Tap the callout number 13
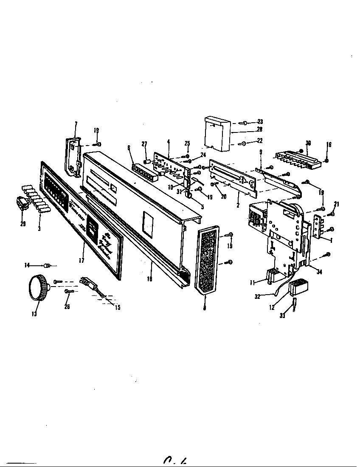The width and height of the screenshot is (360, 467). (x=34, y=314)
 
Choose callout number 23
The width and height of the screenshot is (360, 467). (x=260, y=121)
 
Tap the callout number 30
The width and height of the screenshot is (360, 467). (x=308, y=143)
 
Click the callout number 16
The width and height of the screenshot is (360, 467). (x=329, y=145)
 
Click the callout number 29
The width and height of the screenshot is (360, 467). (x=23, y=223)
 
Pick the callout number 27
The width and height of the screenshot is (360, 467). (x=144, y=144)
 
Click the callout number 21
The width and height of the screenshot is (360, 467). (x=337, y=205)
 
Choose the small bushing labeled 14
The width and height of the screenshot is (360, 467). (x=48, y=266)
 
